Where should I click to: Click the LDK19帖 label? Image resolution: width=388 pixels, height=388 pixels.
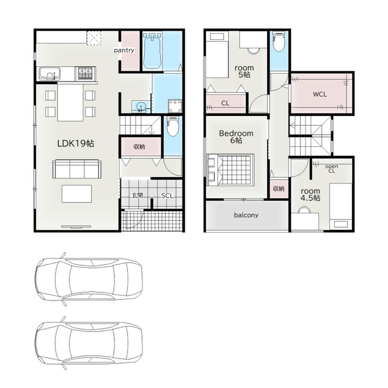76,144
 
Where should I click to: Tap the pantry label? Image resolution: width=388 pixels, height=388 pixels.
124,50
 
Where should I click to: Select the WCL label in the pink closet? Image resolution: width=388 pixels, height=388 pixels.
320,94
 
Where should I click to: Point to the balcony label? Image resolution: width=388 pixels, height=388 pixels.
246,215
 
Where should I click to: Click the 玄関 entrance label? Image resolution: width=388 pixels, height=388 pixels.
137,195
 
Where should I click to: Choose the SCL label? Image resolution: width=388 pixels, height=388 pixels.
167,196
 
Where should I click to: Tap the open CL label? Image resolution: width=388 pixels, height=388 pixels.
332,168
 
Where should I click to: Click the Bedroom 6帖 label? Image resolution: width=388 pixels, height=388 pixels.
236,137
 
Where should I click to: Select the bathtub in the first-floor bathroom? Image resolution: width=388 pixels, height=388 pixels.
152,51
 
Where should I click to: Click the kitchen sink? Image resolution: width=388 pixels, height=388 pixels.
50,74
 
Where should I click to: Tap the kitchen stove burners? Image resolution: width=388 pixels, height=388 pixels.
85,73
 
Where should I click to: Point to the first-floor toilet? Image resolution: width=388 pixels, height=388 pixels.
172,127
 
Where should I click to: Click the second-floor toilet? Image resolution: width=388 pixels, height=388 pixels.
278,42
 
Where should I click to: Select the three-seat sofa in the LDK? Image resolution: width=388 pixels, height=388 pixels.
77,169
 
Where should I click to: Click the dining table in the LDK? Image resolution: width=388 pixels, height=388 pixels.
70,102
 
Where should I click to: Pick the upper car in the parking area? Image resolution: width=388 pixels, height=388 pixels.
88,279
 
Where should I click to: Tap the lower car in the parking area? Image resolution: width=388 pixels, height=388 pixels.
88,343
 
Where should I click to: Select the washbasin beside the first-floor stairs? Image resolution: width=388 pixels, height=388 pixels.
140,107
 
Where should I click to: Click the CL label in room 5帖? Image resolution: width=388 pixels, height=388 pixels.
225,103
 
